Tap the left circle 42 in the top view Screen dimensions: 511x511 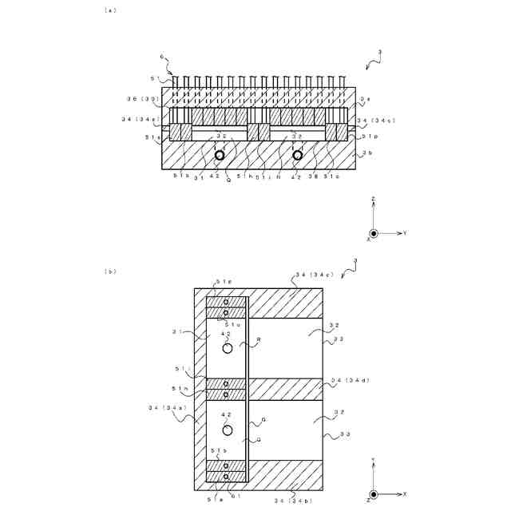pyautogui.click(x=218, y=155)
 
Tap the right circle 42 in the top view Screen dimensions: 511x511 pyautogui.click(x=298, y=155)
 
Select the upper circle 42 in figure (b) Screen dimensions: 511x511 pyautogui.click(x=227, y=348)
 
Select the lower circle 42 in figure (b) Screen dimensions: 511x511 pyautogui.click(x=227, y=430)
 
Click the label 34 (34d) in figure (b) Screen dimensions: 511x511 pyautogui.click(x=351, y=380)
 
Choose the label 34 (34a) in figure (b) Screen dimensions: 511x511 pyautogui.click(x=165, y=407)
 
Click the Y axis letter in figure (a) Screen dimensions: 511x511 pyautogui.click(x=406, y=234)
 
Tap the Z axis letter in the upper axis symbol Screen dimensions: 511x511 pyautogui.click(x=373, y=196)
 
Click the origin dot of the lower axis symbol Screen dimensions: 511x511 pyautogui.click(x=373, y=494)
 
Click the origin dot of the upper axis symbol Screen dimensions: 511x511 pyautogui.click(x=373, y=233)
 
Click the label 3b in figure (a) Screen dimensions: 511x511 pyautogui.click(x=366, y=153)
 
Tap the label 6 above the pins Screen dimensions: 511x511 pyautogui.click(x=161, y=57)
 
